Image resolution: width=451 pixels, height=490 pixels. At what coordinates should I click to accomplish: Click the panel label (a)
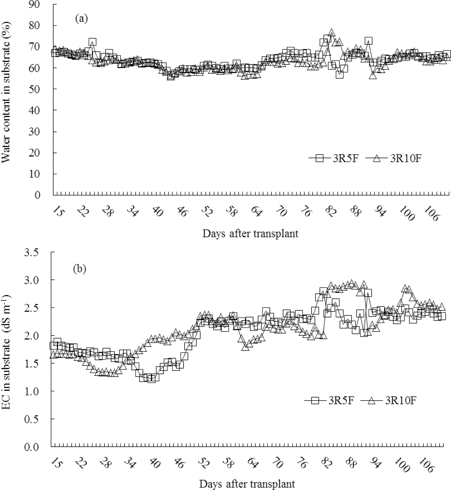81,19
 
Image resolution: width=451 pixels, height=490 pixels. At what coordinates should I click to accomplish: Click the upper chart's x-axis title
250,234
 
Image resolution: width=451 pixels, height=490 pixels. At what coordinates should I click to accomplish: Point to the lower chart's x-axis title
247,484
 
